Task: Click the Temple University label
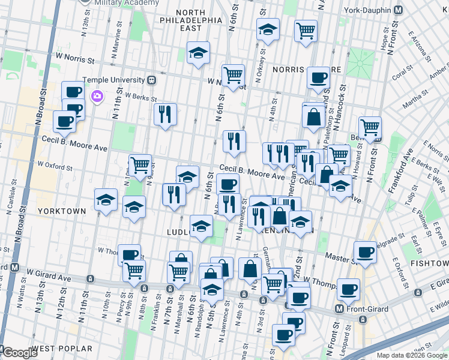click(114, 79)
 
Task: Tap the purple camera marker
click(97, 96)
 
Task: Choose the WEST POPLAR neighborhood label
click(62, 349)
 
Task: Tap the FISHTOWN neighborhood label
click(429, 263)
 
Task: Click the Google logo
click(19, 353)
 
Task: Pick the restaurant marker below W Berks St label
click(165, 113)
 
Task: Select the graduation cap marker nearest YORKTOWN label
click(106, 200)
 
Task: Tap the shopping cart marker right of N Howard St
click(370, 126)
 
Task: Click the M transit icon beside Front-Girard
click(340, 309)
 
